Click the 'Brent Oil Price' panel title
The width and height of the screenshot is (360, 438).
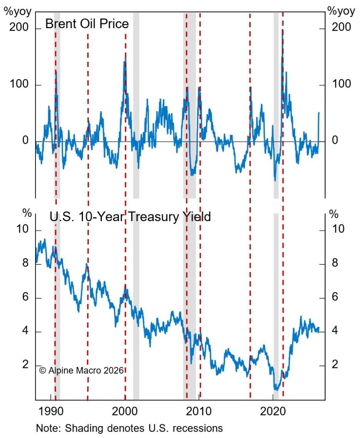point(87,24)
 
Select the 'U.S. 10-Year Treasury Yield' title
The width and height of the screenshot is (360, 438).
point(130,216)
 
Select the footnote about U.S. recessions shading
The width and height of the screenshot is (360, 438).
point(129,428)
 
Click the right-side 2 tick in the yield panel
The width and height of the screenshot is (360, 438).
point(335,365)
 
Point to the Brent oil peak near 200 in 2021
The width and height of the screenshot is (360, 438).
point(283,30)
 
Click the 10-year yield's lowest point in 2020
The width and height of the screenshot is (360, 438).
point(276,389)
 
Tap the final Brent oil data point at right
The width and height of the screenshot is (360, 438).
point(319,113)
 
